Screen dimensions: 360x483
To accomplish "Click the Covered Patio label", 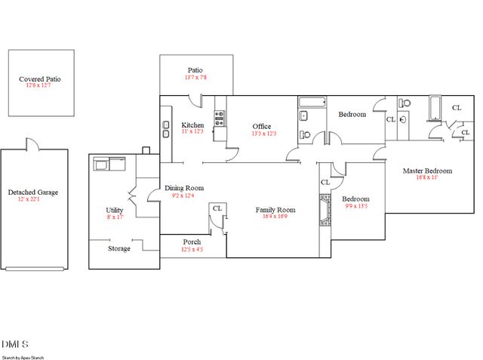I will [x=41, y=78].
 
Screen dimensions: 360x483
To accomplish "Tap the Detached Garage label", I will [x=33, y=192].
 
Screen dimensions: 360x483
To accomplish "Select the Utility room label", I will [x=115, y=211].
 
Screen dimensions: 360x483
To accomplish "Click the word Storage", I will [x=118, y=248].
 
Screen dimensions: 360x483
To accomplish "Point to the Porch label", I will [x=192, y=242].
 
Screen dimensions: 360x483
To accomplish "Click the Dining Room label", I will [x=184, y=188].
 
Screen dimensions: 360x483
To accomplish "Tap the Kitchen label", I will [x=193, y=125].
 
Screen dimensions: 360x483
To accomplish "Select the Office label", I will [x=262, y=126].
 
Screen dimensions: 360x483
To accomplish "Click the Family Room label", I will [x=275, y=210].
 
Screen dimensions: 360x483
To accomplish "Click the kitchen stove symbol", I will [x=220, y=115].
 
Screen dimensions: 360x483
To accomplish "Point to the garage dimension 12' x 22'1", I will [x=33, y=199].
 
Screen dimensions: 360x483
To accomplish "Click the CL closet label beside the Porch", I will [x=217, y=208].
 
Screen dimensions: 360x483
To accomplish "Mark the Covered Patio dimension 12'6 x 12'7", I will [x=41, y=85].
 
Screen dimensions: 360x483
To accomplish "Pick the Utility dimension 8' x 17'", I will [x=115, y=217].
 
